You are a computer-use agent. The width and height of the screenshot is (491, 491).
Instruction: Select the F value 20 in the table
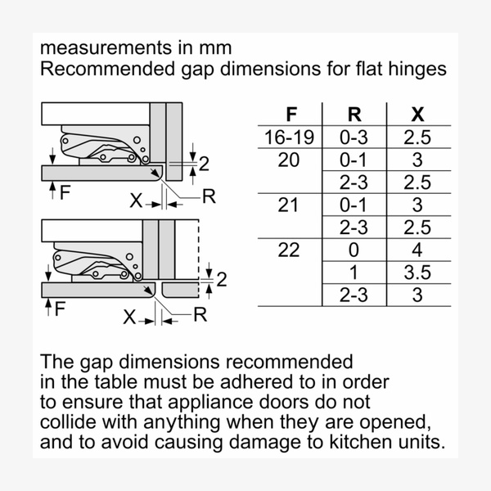[x=289, y=160]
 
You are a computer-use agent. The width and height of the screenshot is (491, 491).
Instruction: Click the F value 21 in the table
[x=289, y=205]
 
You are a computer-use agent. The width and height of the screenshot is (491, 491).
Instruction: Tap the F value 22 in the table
[x=289, y=250]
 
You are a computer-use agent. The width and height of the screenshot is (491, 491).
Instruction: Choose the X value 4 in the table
[x=417, y=250]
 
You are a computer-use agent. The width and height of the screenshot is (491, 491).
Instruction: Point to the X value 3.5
[x=417, y=273]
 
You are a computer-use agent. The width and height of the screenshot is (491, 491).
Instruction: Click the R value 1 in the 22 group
[x=353, y=273]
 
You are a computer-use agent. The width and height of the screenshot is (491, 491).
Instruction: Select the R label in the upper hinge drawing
[x=209, y=196]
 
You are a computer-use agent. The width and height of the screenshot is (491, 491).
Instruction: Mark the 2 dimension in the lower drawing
[x=219, y=281]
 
